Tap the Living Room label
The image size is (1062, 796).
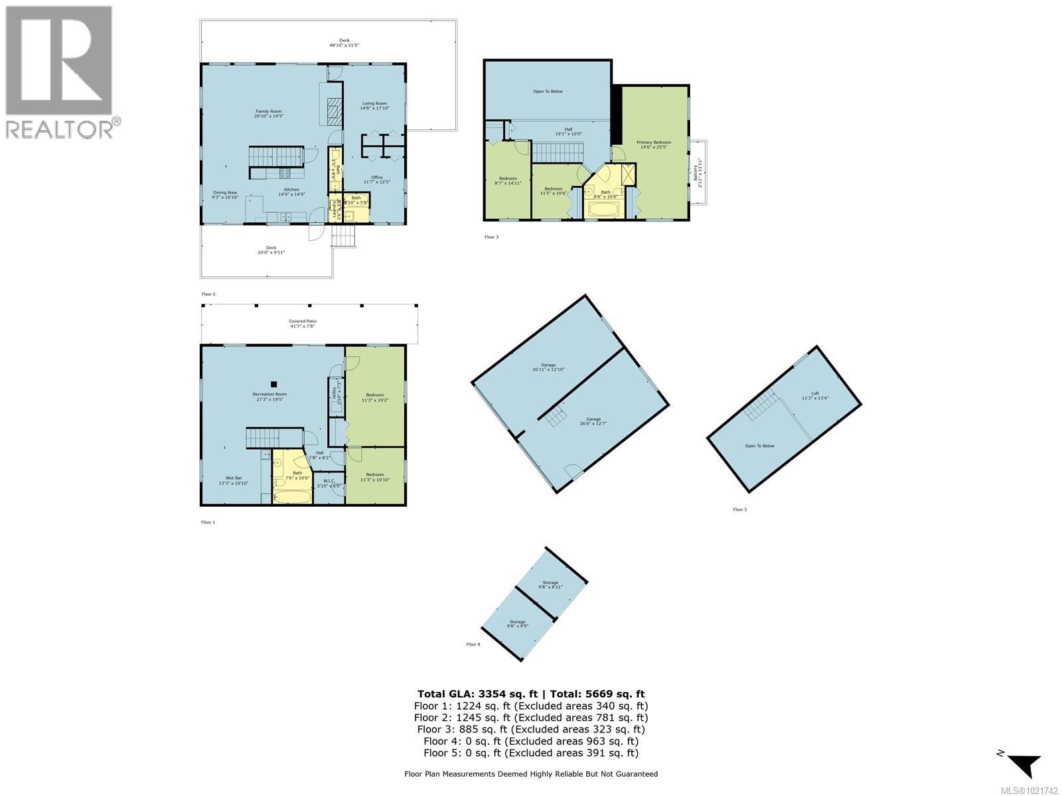click(x=374, y=105)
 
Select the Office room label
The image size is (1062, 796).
click(x=377, y=179)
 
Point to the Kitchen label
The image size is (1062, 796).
click(x=292, y=192)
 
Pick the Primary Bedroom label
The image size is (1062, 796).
click(x=654, y=145)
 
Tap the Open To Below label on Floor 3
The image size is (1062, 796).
click(x=548, y=92)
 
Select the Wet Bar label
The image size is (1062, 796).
click(x=234, y=480)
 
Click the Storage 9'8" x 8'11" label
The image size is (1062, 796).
click(x=550, y=584)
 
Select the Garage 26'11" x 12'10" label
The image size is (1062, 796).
click(x=548, y=367)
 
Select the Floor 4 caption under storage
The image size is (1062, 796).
click(x=473, y=644)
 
